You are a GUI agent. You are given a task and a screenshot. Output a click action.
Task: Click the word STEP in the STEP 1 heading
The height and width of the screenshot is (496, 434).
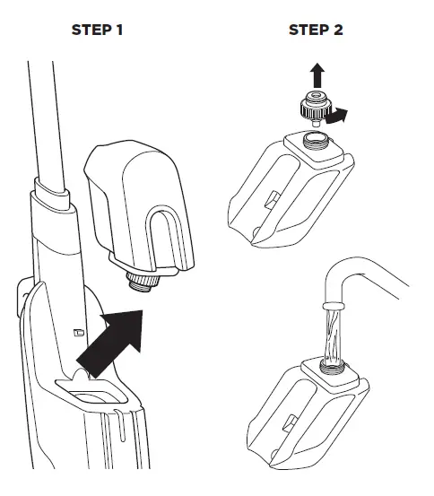pos(91,30)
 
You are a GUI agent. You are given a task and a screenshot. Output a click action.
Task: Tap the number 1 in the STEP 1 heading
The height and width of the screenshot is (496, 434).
pos(119,30)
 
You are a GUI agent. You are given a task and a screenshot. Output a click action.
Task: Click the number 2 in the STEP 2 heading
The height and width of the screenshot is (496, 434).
pos(338,30)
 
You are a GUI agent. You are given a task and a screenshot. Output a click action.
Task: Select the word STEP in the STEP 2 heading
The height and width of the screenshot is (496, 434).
pos(308,30)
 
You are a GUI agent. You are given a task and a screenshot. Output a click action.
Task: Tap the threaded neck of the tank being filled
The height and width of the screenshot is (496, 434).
pos(332,364)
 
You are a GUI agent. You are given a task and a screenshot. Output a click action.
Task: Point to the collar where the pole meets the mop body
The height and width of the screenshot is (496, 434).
pos(52,199)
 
